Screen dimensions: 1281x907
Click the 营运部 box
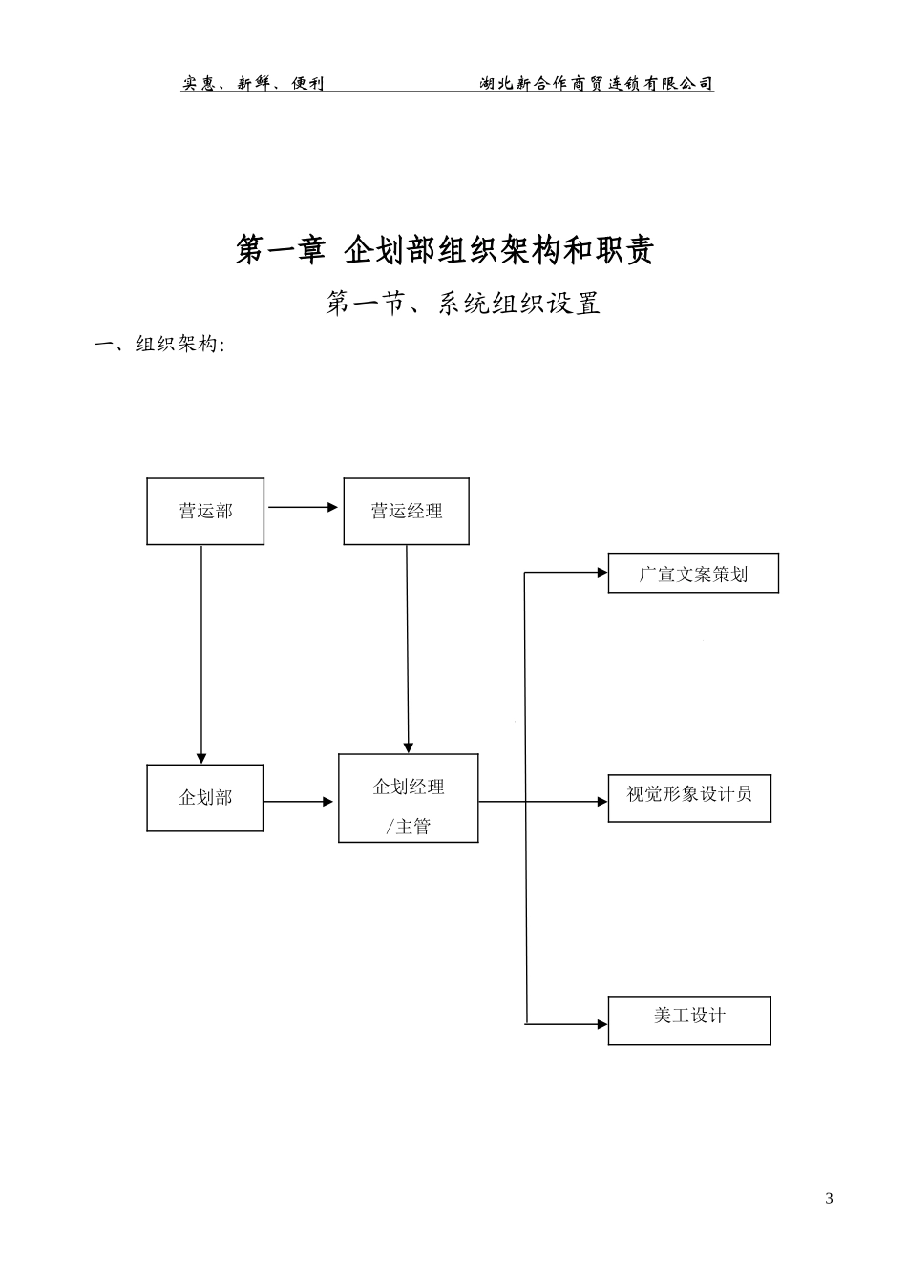[x=205, y=512]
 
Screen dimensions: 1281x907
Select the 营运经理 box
[x=406, y=512]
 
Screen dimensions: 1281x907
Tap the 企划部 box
[x=205, y=798]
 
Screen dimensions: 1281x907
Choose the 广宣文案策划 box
[x=693, y=574]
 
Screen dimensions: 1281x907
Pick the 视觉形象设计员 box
[x=689, y=799]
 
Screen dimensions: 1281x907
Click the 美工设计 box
[x=689, y=1020]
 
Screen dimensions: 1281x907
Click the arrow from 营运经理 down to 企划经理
[x=408, y=649]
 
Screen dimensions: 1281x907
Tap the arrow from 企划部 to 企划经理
[x=299, y=802]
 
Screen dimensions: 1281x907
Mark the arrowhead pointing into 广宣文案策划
[x=601, y=573]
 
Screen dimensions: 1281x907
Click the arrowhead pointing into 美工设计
[x=601, y=1024]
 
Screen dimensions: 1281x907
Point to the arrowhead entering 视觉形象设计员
[x=601, y=802]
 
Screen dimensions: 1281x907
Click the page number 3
[x=829, y=1199]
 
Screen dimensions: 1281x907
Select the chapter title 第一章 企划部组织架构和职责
[x=445, y=250]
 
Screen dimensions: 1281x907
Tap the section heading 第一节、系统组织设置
[x=463, y=304]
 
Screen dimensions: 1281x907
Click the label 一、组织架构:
[x=158, y=346]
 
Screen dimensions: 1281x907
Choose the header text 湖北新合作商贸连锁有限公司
[x=597, y=84]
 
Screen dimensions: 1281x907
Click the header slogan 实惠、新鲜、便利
[x=253, y=84]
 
